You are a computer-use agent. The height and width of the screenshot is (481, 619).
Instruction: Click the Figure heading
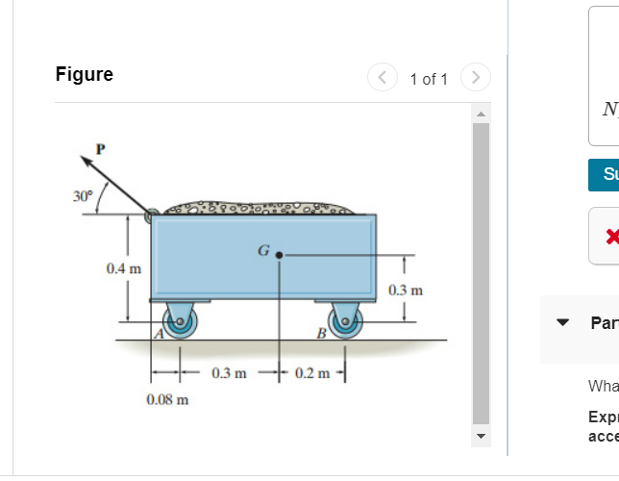click(x=85, y=75)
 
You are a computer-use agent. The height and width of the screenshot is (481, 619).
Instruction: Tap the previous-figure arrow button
click(x=382, y=78)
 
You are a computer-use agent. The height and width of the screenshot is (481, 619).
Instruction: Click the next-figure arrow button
click(x=476, y=78)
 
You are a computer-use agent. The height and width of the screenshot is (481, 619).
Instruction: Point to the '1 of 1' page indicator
click(x=429, y=79)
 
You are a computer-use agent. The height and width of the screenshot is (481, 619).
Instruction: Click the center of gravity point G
click(x=279, y=256)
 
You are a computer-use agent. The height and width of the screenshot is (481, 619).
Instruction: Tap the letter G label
click(x=262, y=251)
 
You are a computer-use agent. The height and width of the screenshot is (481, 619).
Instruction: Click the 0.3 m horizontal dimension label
click(x=229, y=371)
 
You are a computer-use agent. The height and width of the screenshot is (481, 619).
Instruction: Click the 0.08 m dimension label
click(x=167, y=398)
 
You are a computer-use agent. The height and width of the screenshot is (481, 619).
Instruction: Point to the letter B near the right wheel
click(x=321, y=333)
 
